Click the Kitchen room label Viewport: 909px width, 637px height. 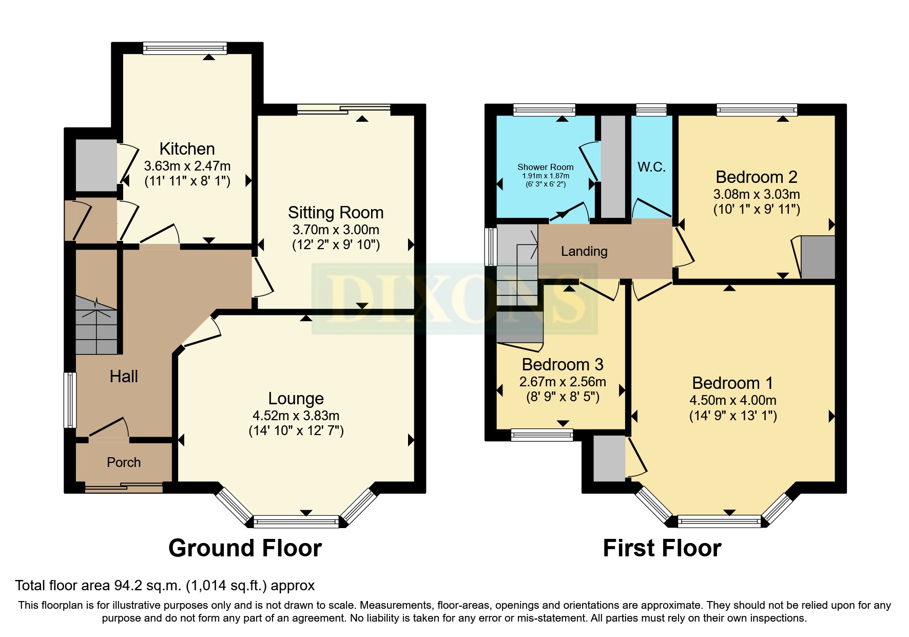click(187, 149)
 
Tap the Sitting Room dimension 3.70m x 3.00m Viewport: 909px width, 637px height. click(336, 230)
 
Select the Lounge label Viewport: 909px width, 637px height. click(296, 399)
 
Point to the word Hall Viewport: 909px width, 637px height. click(124, 377)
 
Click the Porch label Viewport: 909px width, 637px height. click(124, 462)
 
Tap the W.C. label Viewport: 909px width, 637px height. click(651, 167)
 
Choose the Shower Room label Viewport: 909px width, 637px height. click(545, 167)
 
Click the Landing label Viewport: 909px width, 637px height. click(584, 251)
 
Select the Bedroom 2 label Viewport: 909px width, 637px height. click(756, 177)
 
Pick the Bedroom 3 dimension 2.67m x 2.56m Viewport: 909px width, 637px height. click(563, 382)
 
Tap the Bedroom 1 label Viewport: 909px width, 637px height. click(732, 383)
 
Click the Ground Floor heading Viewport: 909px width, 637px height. click(245, 548)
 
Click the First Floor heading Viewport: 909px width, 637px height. click(662, 548)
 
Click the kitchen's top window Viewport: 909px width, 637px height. click(184, 48)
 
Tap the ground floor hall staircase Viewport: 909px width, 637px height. click(96, 326)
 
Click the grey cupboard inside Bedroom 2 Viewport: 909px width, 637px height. click(818, 257)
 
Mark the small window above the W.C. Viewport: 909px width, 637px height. click(651, 109)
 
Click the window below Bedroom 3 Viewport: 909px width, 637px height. click(542, 435)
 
